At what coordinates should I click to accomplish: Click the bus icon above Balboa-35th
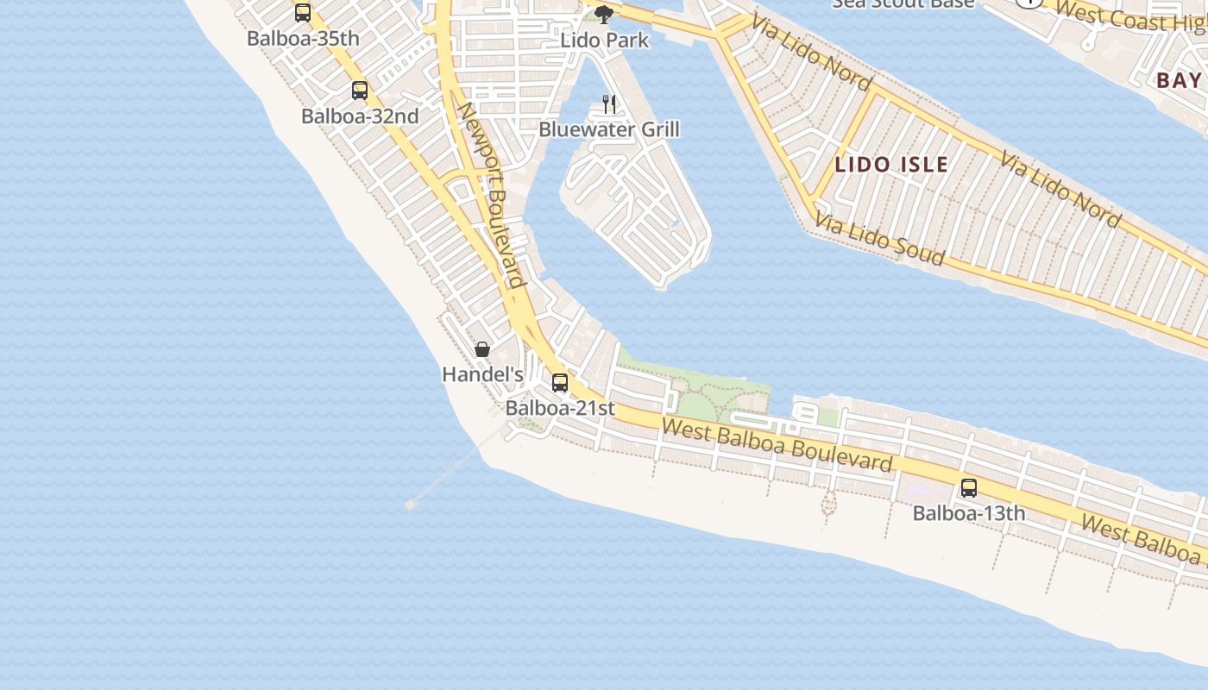(303, 13)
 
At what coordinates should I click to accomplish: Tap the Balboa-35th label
(303, 39)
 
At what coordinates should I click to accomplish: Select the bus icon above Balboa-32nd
(360, 91)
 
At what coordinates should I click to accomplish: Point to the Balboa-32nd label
(360, 116)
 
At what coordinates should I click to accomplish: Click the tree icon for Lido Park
(604, 14)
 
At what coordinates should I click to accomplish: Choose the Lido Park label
(604, 40)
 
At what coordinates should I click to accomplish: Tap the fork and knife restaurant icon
(609, 104)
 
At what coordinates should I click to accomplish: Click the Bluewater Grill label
(609, 129)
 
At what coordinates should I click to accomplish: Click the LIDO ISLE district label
(891, 164)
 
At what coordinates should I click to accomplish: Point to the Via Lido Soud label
(879, 239)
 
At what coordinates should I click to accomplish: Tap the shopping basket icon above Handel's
(482, 349)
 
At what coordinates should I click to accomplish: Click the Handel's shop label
(482, 374)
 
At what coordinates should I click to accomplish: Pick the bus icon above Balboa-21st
(560, 383)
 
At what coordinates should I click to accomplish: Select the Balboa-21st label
(560, 408)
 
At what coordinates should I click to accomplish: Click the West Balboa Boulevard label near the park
(777, 445)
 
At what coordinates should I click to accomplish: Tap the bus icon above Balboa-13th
(969, 488)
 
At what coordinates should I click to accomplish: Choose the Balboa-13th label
(969, 513)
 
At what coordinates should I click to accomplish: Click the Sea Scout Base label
(903, 3)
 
